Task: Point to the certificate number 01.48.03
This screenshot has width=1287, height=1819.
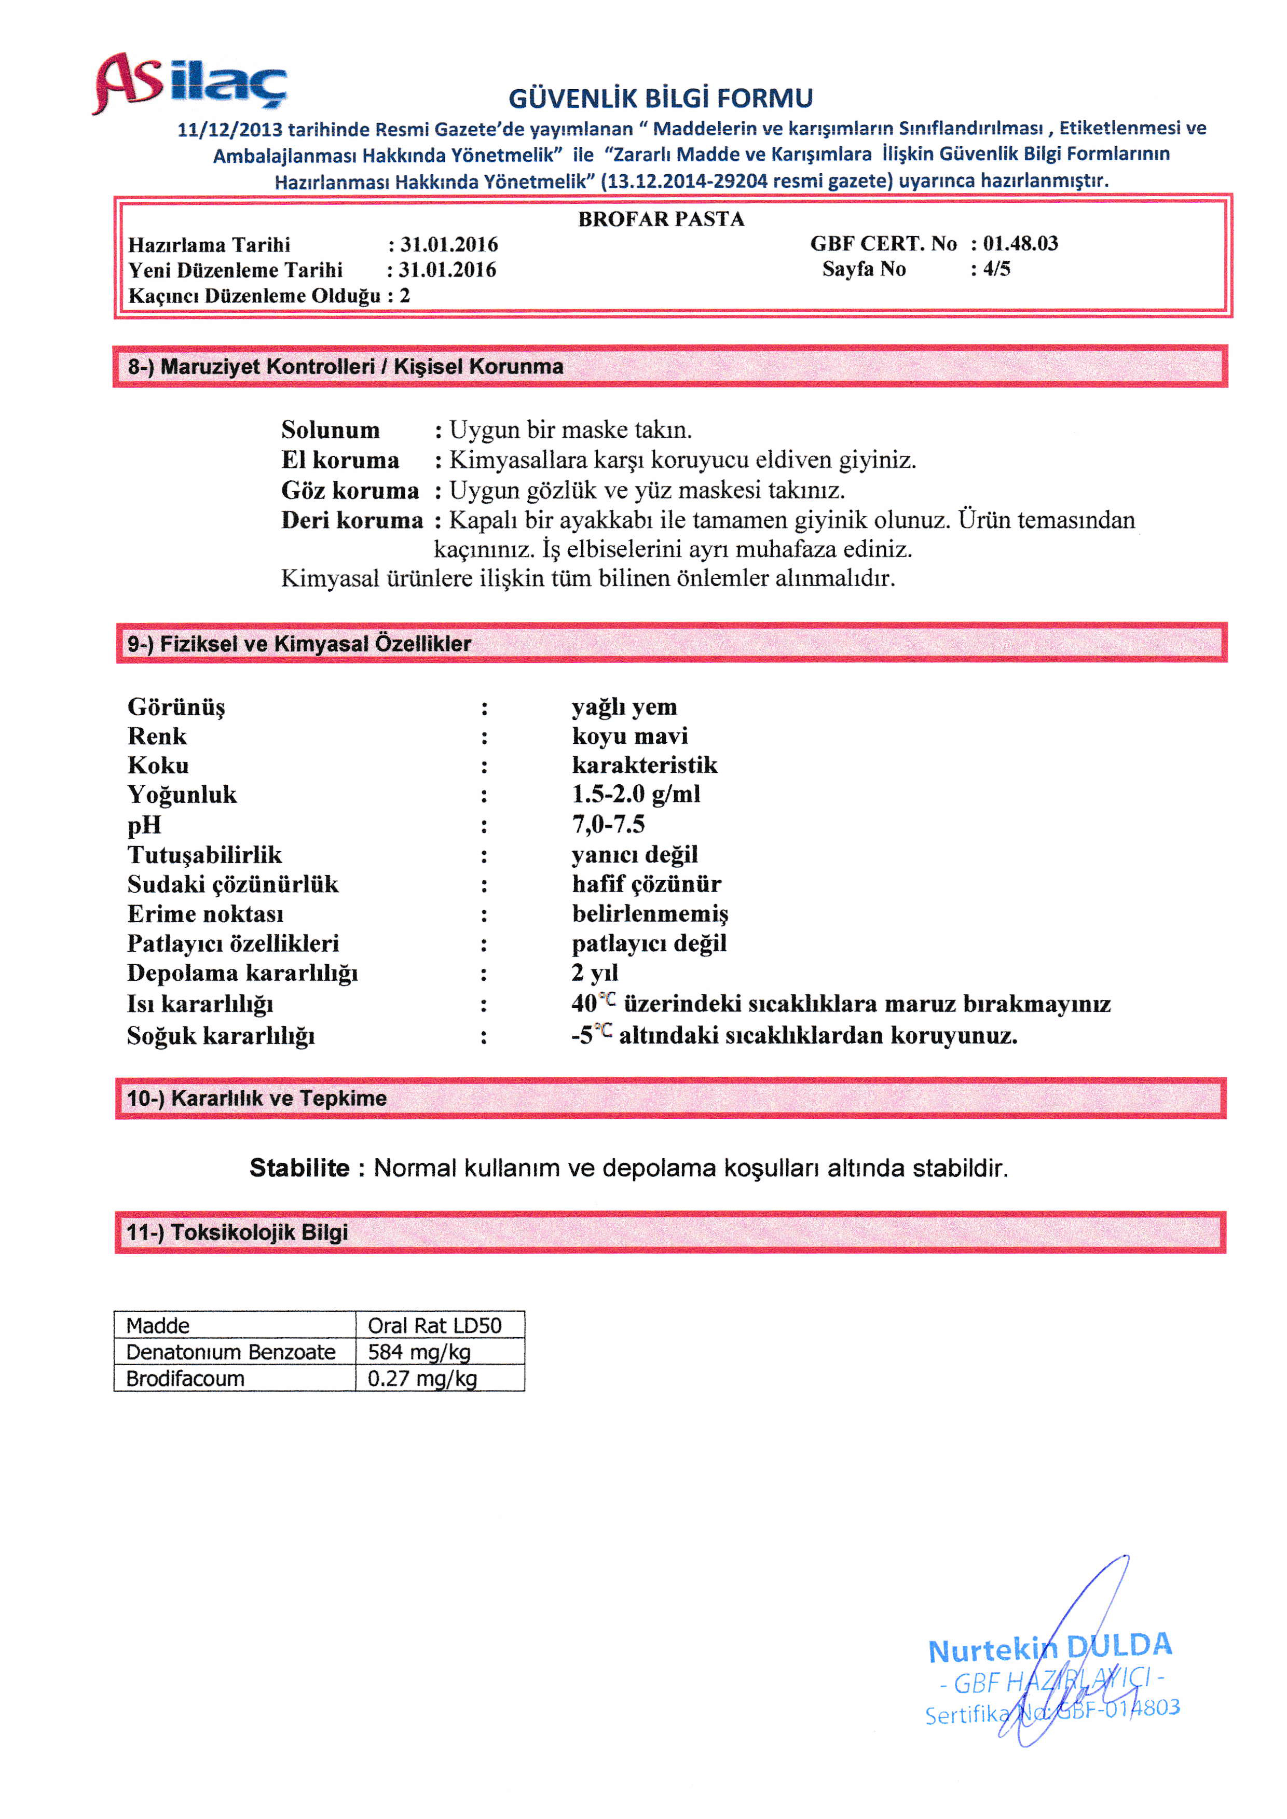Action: (1021, 243)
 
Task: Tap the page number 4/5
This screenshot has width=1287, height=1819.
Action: (996, 269)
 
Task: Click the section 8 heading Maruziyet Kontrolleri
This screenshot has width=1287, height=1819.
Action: (346, 366)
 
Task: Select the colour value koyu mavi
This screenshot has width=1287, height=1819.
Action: (630, 736)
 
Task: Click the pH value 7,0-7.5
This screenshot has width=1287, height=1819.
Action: (609, 825)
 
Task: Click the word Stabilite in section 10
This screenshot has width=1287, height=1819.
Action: (299, 1168)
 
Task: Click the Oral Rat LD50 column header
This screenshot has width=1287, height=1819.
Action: (434, 1325)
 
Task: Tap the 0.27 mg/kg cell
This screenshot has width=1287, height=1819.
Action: (422, 1379)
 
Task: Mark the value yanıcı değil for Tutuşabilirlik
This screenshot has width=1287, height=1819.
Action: (635, 854)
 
